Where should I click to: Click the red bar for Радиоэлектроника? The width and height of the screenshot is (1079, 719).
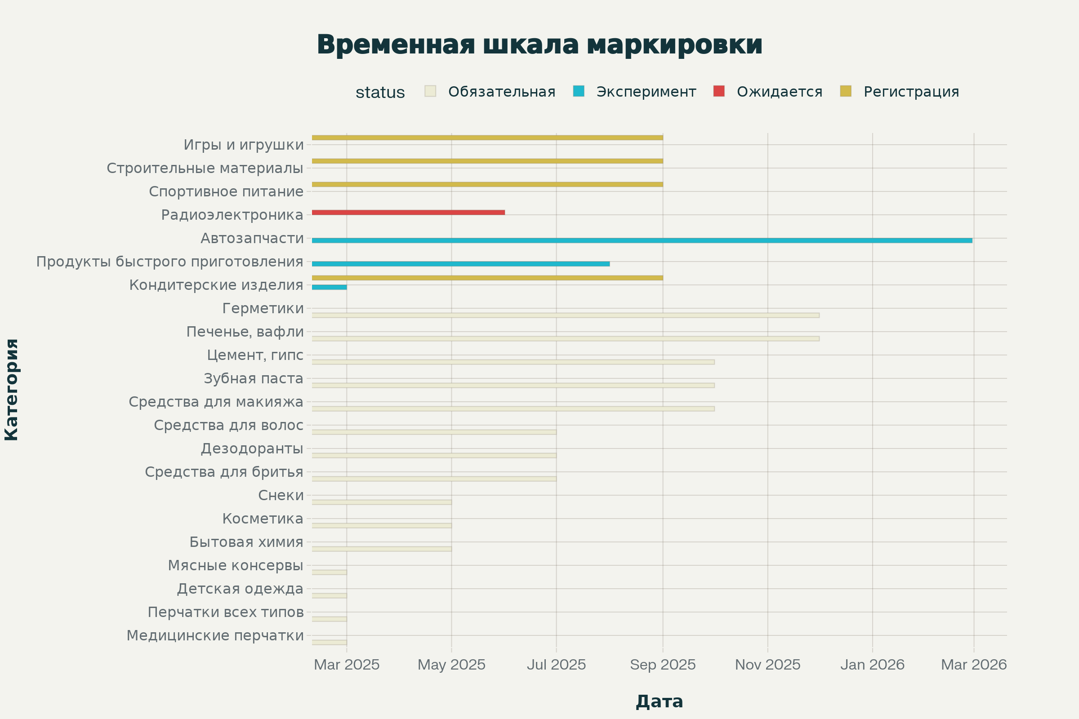click(x=408, y=212)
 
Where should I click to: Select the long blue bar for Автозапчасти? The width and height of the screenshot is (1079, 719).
click(x=642, y=240)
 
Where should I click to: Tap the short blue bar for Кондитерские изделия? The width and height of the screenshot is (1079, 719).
click(x=330, y=287)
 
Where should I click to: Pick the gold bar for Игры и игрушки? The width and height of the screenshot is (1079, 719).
click(x=487, y=138)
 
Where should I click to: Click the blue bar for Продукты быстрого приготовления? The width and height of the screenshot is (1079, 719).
click(x=460, y=264)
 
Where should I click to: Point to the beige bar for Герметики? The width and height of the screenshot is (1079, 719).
click(x=565, y=315)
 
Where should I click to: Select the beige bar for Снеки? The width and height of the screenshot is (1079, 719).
click(x=382, y=502)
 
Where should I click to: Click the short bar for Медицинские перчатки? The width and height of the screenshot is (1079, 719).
click(x=330, y=643)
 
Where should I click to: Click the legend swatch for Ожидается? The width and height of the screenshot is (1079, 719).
click(x=719, y=91)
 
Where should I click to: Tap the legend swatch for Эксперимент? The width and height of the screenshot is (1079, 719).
click(x=579, y=91)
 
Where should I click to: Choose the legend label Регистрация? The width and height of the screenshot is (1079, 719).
click(x=911, y=92)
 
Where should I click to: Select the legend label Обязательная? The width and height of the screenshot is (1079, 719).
click(x=501, y=92)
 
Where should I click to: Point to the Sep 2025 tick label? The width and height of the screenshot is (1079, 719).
click(x=662, y=665)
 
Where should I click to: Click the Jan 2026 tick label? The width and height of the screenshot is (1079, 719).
click(x=872, y=665)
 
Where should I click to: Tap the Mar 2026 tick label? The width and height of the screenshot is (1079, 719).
click(x=973, y=665)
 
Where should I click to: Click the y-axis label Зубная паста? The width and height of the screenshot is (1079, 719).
click(x=253, y=379)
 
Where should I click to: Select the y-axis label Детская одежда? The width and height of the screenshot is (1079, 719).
click(x=240, y=589)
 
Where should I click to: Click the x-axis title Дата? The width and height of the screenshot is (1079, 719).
click(x=659, y=701)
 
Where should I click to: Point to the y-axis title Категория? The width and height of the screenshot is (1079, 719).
click(x=12, y=390)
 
